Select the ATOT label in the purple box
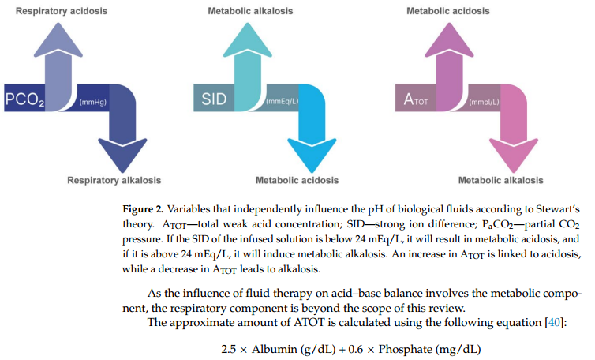coord(415,100)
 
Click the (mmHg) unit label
coord(94,103)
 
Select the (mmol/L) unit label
coord(484,103)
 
